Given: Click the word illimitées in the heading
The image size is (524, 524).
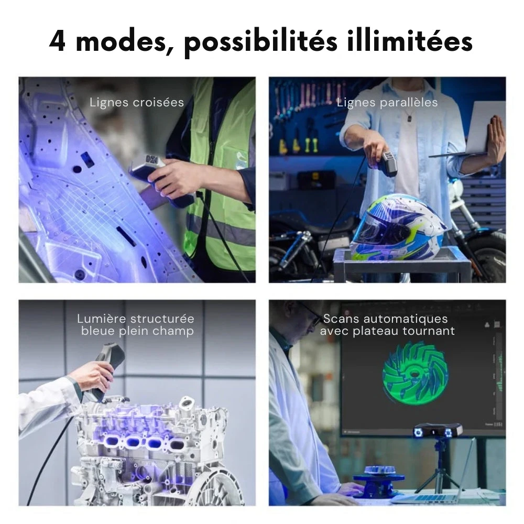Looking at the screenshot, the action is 409,41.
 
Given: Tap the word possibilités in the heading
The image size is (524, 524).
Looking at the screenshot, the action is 260,42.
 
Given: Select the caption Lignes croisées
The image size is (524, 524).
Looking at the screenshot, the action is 137,102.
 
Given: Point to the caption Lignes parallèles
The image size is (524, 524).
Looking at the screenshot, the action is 387,102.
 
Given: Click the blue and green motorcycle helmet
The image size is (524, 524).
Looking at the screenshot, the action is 398,228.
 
